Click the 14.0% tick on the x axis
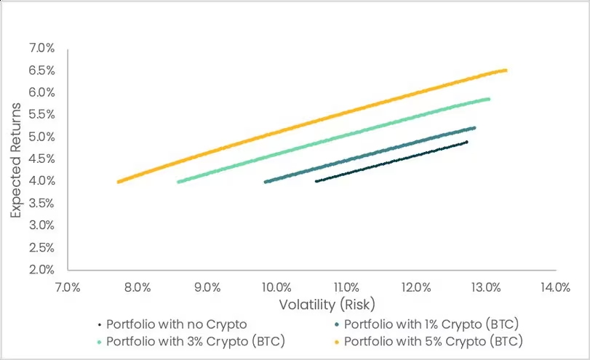click(554, 287)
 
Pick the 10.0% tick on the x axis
click(276, 287)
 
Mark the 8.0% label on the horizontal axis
click(137, 287)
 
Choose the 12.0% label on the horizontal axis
click(415, 287)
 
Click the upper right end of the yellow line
click(506, 70)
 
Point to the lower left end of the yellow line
click(118, 182)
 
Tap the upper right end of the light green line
click(488, 98)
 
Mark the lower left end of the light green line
click(179, 182)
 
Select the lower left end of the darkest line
click(316, 181)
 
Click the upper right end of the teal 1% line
click(474, 128)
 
